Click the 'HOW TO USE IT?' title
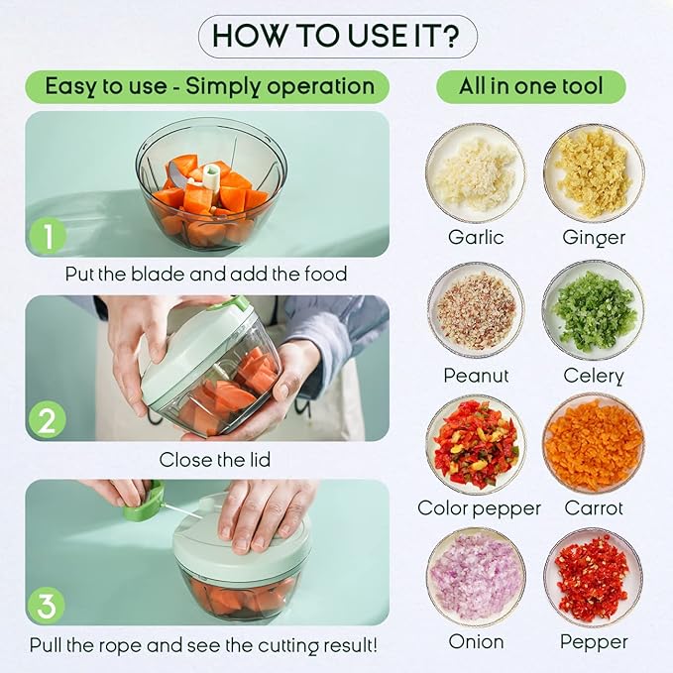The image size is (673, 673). coord(337,37)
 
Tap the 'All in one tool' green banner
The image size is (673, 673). coord(530,86)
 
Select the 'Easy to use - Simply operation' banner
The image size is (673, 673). coord(209,86)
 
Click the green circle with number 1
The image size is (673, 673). coord(48,236)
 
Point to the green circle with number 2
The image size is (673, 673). coord(48,420)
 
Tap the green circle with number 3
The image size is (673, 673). coord(48,604)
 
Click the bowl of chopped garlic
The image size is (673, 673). coord(476,173)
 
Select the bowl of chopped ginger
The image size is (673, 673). coord(593,173)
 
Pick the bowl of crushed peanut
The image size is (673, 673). coord(476,309)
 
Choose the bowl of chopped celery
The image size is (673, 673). coord(593,309)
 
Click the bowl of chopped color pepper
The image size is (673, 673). coord(476,444)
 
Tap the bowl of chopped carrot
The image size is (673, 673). coord(593,444)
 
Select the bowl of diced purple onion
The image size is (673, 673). coord(476,577)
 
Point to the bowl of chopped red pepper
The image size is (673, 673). coord(593,577)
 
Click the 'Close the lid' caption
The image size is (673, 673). coord(215,460)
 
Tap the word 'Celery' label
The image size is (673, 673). coord(593,376)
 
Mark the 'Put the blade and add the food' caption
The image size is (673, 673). coord(206,274)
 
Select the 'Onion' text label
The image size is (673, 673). coord(476,642)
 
